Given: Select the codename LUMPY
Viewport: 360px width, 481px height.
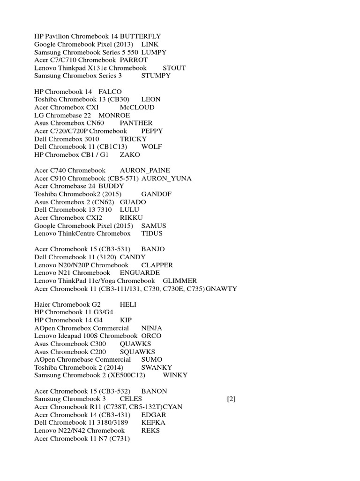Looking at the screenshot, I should (x=154, y=52).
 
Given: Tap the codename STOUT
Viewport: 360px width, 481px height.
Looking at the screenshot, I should (x=174, y=68).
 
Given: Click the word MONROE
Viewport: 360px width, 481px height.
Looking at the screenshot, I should (x=114, y=115).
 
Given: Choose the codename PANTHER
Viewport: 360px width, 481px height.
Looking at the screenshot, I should (x=136, y=123).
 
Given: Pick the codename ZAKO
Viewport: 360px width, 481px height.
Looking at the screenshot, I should (x=130, y=155).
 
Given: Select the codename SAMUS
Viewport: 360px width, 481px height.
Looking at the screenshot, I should (x=154, y=225).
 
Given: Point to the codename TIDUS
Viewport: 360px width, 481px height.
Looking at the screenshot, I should (x=152, y=233).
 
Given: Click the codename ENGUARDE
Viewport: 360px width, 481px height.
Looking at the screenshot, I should (x=140, y=273).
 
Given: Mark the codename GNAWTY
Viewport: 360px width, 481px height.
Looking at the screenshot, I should (x=221, y=289).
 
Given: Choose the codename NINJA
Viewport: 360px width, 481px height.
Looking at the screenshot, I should (x=152, y=328).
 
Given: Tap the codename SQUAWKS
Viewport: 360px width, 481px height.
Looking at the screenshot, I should (x=137, y=352).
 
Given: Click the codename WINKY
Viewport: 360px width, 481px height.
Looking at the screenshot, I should (x=175, y=375).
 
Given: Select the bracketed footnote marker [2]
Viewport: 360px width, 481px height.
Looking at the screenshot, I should (x=231, y=399).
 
